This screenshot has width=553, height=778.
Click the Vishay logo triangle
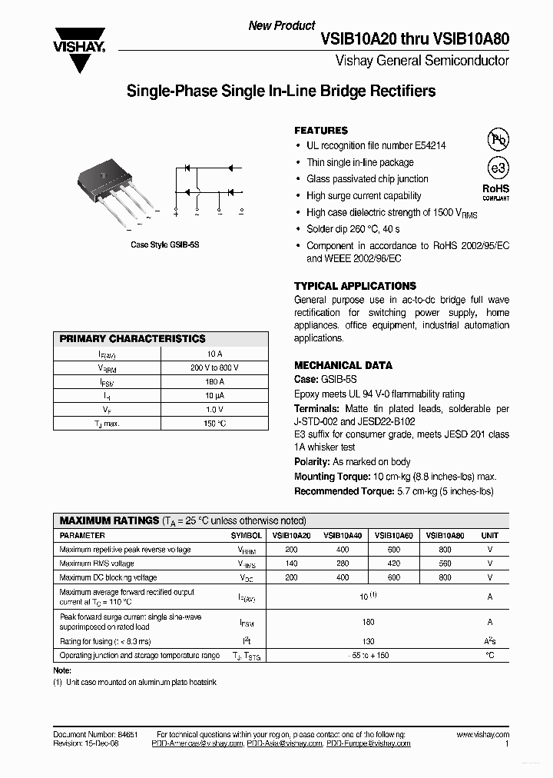[78, 55]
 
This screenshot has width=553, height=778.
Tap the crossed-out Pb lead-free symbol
[498, 139]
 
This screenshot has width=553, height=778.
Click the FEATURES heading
[321, 131]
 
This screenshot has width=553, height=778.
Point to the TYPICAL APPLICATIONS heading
[355, 286]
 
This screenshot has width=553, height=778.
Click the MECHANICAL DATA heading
[343, 365]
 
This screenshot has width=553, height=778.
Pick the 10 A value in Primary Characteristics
[214, 354]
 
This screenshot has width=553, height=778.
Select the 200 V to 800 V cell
[214, 367]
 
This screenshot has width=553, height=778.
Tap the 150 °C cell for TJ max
[214, 423]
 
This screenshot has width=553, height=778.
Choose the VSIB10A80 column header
[445, 535]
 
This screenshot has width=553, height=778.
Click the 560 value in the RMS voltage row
[445, 564]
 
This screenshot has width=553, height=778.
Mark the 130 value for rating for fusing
[369, 641]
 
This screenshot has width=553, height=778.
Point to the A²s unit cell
[489, 641]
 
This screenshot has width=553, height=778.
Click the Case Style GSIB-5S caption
[165, 244]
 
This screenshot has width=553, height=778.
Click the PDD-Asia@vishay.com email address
[283, 743]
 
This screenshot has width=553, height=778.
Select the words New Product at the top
[282, 25]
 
